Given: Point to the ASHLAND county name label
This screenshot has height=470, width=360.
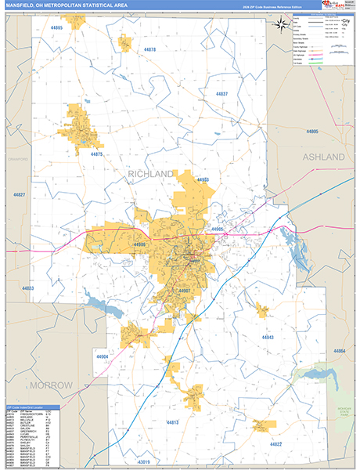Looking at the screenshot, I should pos(323,157).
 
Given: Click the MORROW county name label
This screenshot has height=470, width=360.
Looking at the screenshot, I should pos(51,385).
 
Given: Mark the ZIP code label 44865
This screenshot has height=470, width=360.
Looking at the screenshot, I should pos(56,27).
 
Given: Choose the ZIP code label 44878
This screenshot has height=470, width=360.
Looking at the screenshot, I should pos(149,49).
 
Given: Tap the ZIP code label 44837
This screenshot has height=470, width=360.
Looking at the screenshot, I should pos(221,94).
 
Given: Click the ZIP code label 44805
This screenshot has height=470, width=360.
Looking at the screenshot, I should pos(314,132).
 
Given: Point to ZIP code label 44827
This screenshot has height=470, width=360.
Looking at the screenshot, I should pos(19,194).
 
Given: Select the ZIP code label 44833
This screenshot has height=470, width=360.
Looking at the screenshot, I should pos(28,288).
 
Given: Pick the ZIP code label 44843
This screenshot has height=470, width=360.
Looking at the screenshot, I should pos(268,337).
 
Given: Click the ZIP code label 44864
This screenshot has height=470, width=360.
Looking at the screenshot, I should pos(340,351).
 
